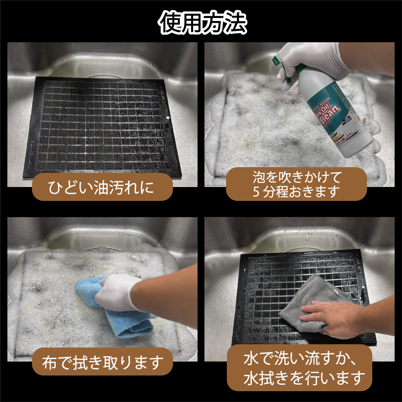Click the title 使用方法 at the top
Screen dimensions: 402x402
(203, 23)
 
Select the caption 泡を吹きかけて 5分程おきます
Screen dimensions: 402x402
(296, 184)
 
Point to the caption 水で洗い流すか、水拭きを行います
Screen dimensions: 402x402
(299, 368)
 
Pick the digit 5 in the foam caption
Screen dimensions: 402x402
(256, 192)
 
